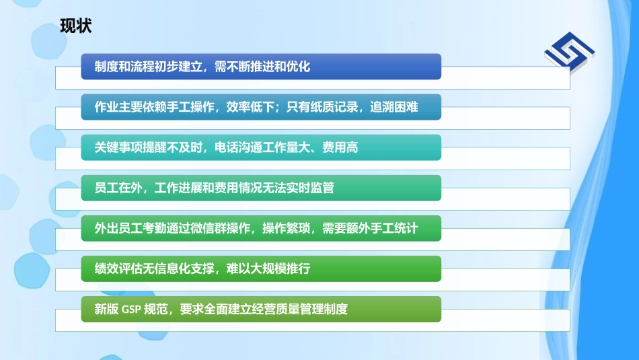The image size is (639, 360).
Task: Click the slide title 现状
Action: (x=76, y=26)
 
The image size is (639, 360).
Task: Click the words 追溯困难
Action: (x=394, y=108)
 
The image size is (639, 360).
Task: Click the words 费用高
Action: (x=340, y=148)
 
